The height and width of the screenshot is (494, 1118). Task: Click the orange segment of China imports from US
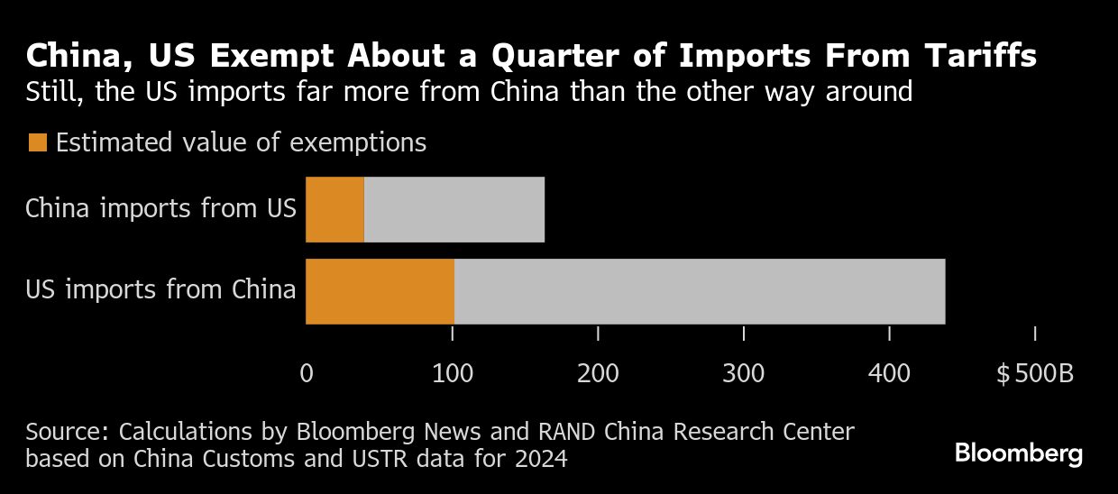[334, 209]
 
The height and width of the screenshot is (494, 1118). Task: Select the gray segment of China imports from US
[454, 209]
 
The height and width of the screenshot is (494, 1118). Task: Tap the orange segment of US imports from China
[380, 291]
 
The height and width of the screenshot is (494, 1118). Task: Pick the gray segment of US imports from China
[699, 291]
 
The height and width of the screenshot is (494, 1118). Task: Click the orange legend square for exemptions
[38, 142]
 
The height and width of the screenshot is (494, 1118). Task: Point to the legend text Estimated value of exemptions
[241, 142]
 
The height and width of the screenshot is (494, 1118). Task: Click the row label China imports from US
[160, 209]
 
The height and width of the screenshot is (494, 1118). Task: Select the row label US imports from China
[160, 290]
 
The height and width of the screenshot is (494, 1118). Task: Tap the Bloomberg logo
[1019, 453]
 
